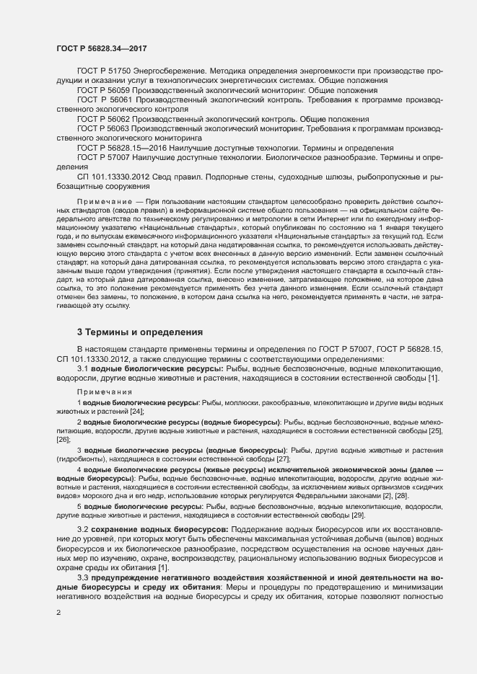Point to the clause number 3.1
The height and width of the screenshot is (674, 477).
83,368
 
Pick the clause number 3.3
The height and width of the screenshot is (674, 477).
83,578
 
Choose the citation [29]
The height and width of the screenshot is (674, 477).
358,515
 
